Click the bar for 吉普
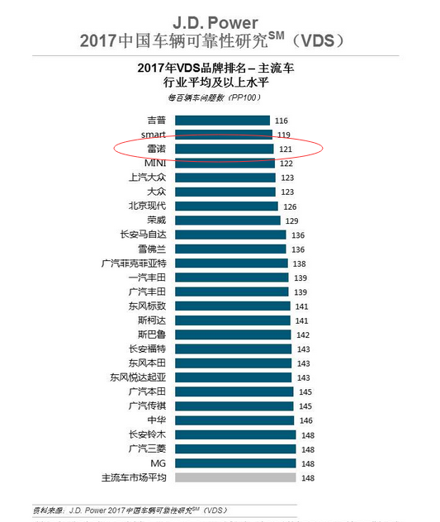tap(222, 121)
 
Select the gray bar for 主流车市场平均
tap(235, 477)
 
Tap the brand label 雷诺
tap(156, 149)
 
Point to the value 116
tap(282, 121)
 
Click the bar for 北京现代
tap(226, 206)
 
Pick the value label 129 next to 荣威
tap(291, 221)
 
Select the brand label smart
tap(153, 135)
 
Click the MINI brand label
tap(155, 164)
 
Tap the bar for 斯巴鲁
tap(233, 335)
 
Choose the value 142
tap(303, 335)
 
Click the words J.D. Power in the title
tap(215, 23)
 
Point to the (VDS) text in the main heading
tap(318, 40)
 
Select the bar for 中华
tap(234, 420)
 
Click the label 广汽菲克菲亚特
tap(134, 263)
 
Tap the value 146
tap(306, 420)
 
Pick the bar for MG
tap(235, 463)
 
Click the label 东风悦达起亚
tap(138, 377)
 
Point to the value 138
tap(299, 263)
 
